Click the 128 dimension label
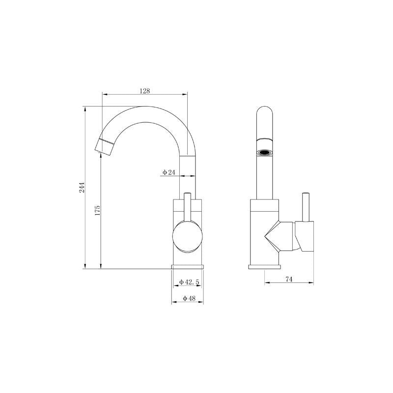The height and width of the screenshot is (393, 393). point(144,90)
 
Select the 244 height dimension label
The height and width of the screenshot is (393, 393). point(82,188)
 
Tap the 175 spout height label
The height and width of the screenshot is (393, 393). point(97,211)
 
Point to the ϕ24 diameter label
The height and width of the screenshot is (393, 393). point(168,172)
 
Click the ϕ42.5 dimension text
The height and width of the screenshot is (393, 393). point(189,281)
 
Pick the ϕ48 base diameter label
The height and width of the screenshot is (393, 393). point(189,298)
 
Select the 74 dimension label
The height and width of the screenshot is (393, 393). point(289,279)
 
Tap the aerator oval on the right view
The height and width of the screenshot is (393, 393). point(265,152)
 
